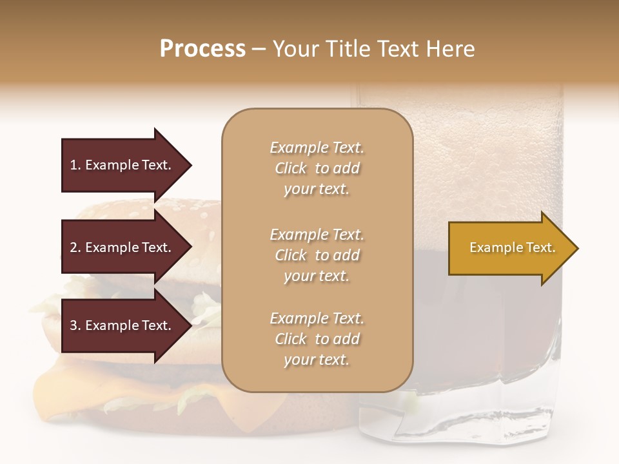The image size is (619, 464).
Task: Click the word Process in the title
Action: coord(202,49)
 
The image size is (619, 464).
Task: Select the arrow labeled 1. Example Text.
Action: coord(123,165)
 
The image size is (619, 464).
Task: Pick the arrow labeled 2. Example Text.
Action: coord(123,247)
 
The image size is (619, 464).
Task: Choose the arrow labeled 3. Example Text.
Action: coord(123,325)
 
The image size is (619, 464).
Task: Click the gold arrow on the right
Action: coord(509,248)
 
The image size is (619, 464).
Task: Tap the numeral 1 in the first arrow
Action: coord(74,165)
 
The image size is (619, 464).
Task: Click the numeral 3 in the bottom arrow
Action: coord(74,325)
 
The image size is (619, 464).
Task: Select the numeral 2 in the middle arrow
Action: coord(74,247)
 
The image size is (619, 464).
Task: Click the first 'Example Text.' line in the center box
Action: coord(317,148)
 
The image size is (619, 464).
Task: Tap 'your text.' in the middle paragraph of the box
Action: coord(317,276)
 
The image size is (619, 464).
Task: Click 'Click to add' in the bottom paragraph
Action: coord(317,339)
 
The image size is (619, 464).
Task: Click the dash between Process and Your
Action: coord(259,50)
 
